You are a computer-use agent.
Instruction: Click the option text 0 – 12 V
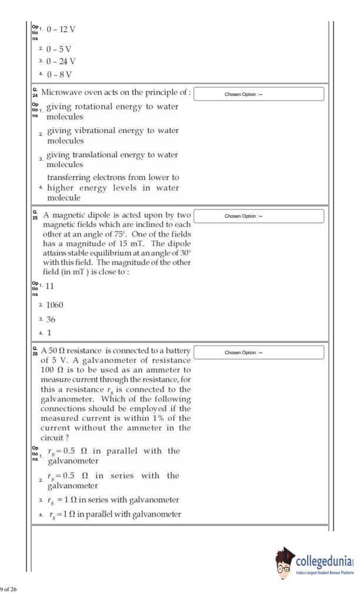[56, 28]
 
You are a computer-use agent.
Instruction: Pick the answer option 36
[51, 318]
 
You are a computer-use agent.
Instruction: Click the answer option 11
[50, 286]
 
